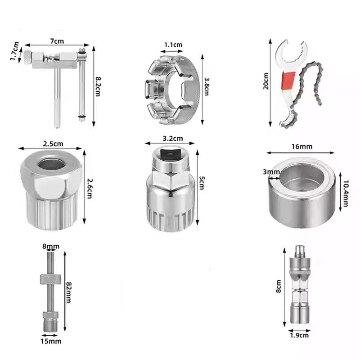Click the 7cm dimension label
pyautogui.click(x=57, y=41)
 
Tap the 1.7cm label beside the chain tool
pyautogui.click(x=14, y=51)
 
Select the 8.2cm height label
pyautogui.click(x=98, y=86)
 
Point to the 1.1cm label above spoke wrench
pyautogui.click(x=173, y=45)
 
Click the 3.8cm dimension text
pyautogui.click(x=207, y=86)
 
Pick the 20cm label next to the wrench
pyautogui.click(x=266, y=81)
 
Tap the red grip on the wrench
pyautogui.click(x=288, y=81)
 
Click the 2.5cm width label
pyautogui.click(x=53, y=144)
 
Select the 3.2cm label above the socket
pyautogui.click(x=173, y=139)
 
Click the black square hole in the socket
pyautogui.click(x=171, y=153)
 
